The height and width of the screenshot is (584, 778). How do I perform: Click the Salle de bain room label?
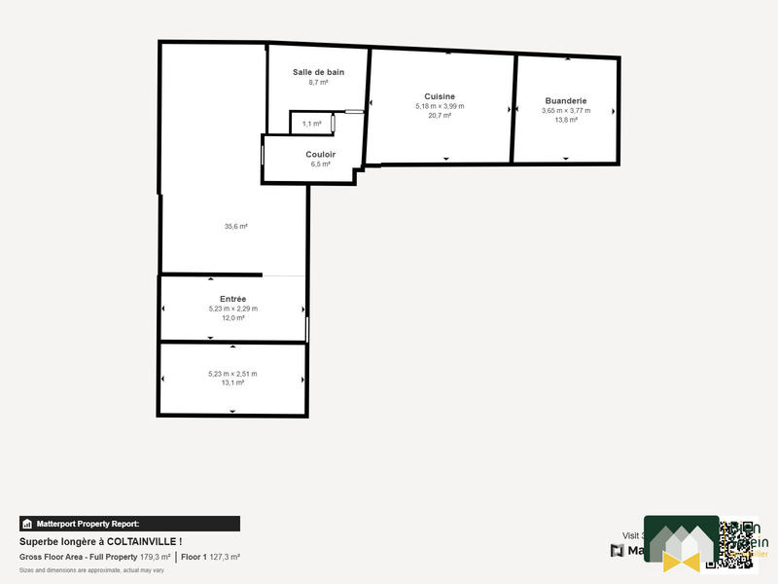click(318, 72)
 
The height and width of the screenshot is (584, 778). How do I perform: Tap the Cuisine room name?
click(440, 96)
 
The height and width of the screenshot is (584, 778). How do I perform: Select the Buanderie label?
click(566, 100)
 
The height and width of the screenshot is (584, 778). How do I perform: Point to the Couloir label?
click(320, 154)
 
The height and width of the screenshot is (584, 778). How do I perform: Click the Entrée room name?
click(232, 299)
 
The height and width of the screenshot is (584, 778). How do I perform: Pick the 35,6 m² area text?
click(236, 226)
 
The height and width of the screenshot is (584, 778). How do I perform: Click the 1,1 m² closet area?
click(311, 124)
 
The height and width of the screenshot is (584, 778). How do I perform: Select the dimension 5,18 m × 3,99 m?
click(440, 106)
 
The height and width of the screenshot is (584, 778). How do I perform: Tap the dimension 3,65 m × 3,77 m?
click(566, 110)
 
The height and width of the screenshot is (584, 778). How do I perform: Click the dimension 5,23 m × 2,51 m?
click(232, 374)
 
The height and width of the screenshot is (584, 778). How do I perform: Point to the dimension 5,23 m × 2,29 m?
click(232, 309)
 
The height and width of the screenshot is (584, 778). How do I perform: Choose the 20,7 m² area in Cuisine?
click(440, 115)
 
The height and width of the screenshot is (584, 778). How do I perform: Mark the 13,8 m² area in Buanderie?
click(566, 120)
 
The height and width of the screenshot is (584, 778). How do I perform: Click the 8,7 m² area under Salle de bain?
click(318, 83)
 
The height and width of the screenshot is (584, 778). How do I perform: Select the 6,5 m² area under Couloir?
click(320, 164)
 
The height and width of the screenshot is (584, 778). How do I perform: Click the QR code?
click(736, 543)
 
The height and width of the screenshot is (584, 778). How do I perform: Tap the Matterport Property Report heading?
click(88, 524)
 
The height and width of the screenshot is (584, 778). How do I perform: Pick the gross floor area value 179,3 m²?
click(156, 557)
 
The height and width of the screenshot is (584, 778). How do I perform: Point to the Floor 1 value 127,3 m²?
click(224, 557)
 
